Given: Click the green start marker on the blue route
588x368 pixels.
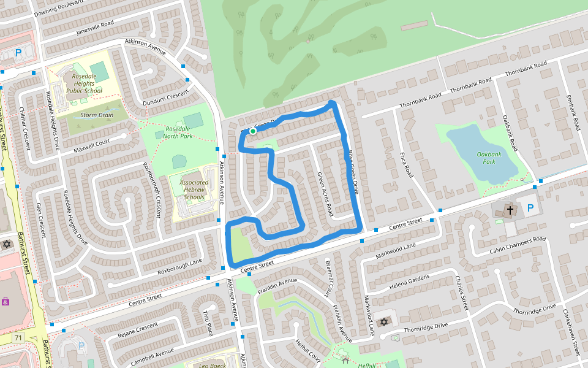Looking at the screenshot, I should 252,131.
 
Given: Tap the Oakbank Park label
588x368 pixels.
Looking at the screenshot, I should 489,158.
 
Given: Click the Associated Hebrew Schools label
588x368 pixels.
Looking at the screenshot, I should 194,190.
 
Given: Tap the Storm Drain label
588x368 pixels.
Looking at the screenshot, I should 97,115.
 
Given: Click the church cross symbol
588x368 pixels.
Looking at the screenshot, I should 510,210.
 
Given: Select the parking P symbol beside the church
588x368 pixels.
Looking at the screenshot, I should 530,209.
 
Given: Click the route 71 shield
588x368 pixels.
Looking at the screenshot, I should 17,338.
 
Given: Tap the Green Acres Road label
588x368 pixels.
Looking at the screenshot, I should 325,194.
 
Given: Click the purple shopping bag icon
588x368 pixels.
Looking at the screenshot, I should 6,301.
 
